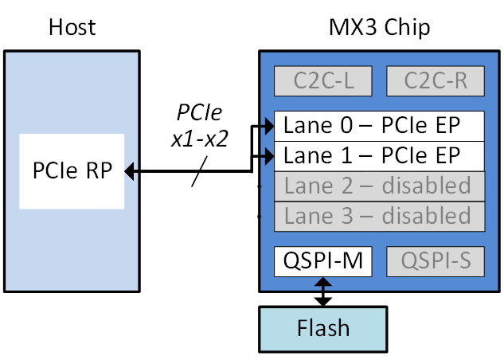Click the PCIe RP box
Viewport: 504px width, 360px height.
[72, 171]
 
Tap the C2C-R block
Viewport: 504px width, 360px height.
[435, 81]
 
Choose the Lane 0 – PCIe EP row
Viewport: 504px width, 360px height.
[379, 126]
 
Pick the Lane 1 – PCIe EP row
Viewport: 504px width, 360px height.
[379, 155]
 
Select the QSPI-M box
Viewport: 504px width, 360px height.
[322, 261]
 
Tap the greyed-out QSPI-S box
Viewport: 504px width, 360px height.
[435, 261]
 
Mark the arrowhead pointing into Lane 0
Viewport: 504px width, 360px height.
[268, 126]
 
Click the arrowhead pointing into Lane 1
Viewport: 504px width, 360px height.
[268, 155]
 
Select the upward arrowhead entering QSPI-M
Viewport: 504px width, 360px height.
[322, 282]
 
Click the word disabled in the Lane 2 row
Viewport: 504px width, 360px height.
[427, 186]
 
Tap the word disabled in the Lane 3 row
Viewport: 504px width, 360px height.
[427, 216]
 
